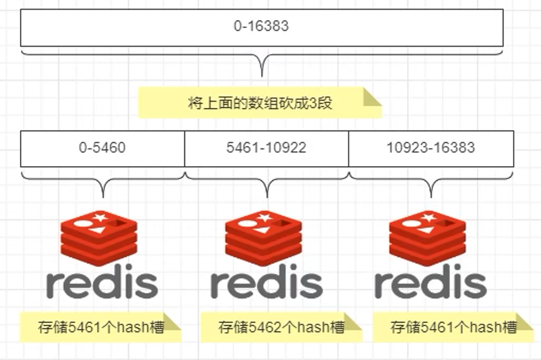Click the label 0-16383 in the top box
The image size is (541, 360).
261,27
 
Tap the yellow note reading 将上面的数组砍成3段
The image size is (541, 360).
260,102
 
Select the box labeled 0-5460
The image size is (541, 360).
102,148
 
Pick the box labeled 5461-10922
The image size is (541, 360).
266,148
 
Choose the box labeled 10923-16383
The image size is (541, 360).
431,148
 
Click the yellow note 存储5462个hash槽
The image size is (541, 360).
281,328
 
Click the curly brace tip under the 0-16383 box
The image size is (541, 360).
262,75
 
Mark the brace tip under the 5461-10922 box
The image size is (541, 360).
267,196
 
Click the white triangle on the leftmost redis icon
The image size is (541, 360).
96,230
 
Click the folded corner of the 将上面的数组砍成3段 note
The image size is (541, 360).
372,96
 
